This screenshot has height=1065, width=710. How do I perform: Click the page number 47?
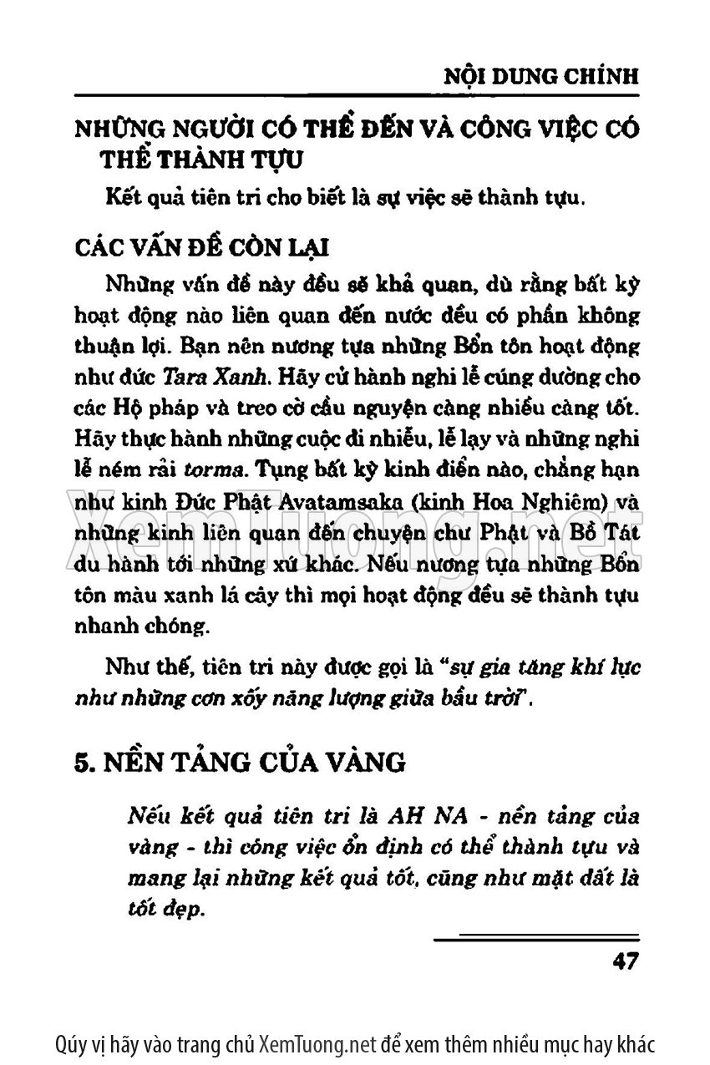[x=626, y=961]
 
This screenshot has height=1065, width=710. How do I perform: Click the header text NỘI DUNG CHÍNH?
[x=540, y=76]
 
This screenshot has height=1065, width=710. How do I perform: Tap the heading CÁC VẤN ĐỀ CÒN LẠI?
[x=201, y=248]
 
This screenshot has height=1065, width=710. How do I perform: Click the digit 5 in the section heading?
[x=82, y=762]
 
